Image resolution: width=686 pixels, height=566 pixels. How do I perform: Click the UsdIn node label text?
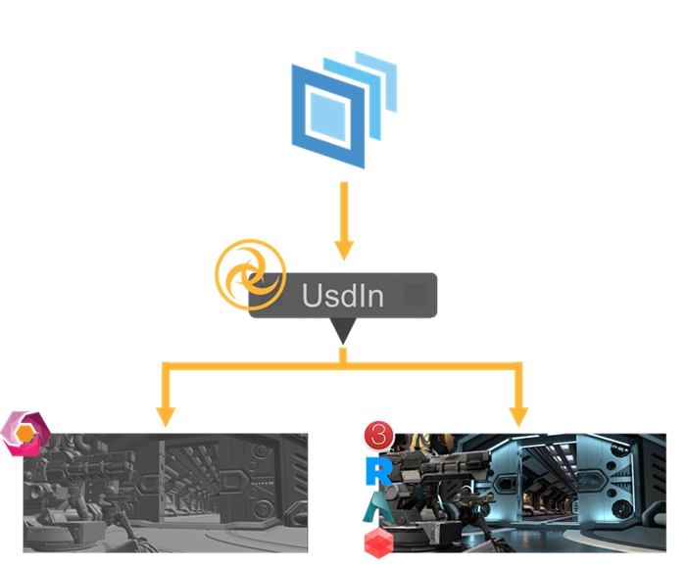click(342, 295)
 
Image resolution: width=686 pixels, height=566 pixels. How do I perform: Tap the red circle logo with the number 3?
click(378, 435)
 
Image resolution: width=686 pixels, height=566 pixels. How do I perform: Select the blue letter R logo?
click(378, 471)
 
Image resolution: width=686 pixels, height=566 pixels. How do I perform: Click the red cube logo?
click(378, 542)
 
